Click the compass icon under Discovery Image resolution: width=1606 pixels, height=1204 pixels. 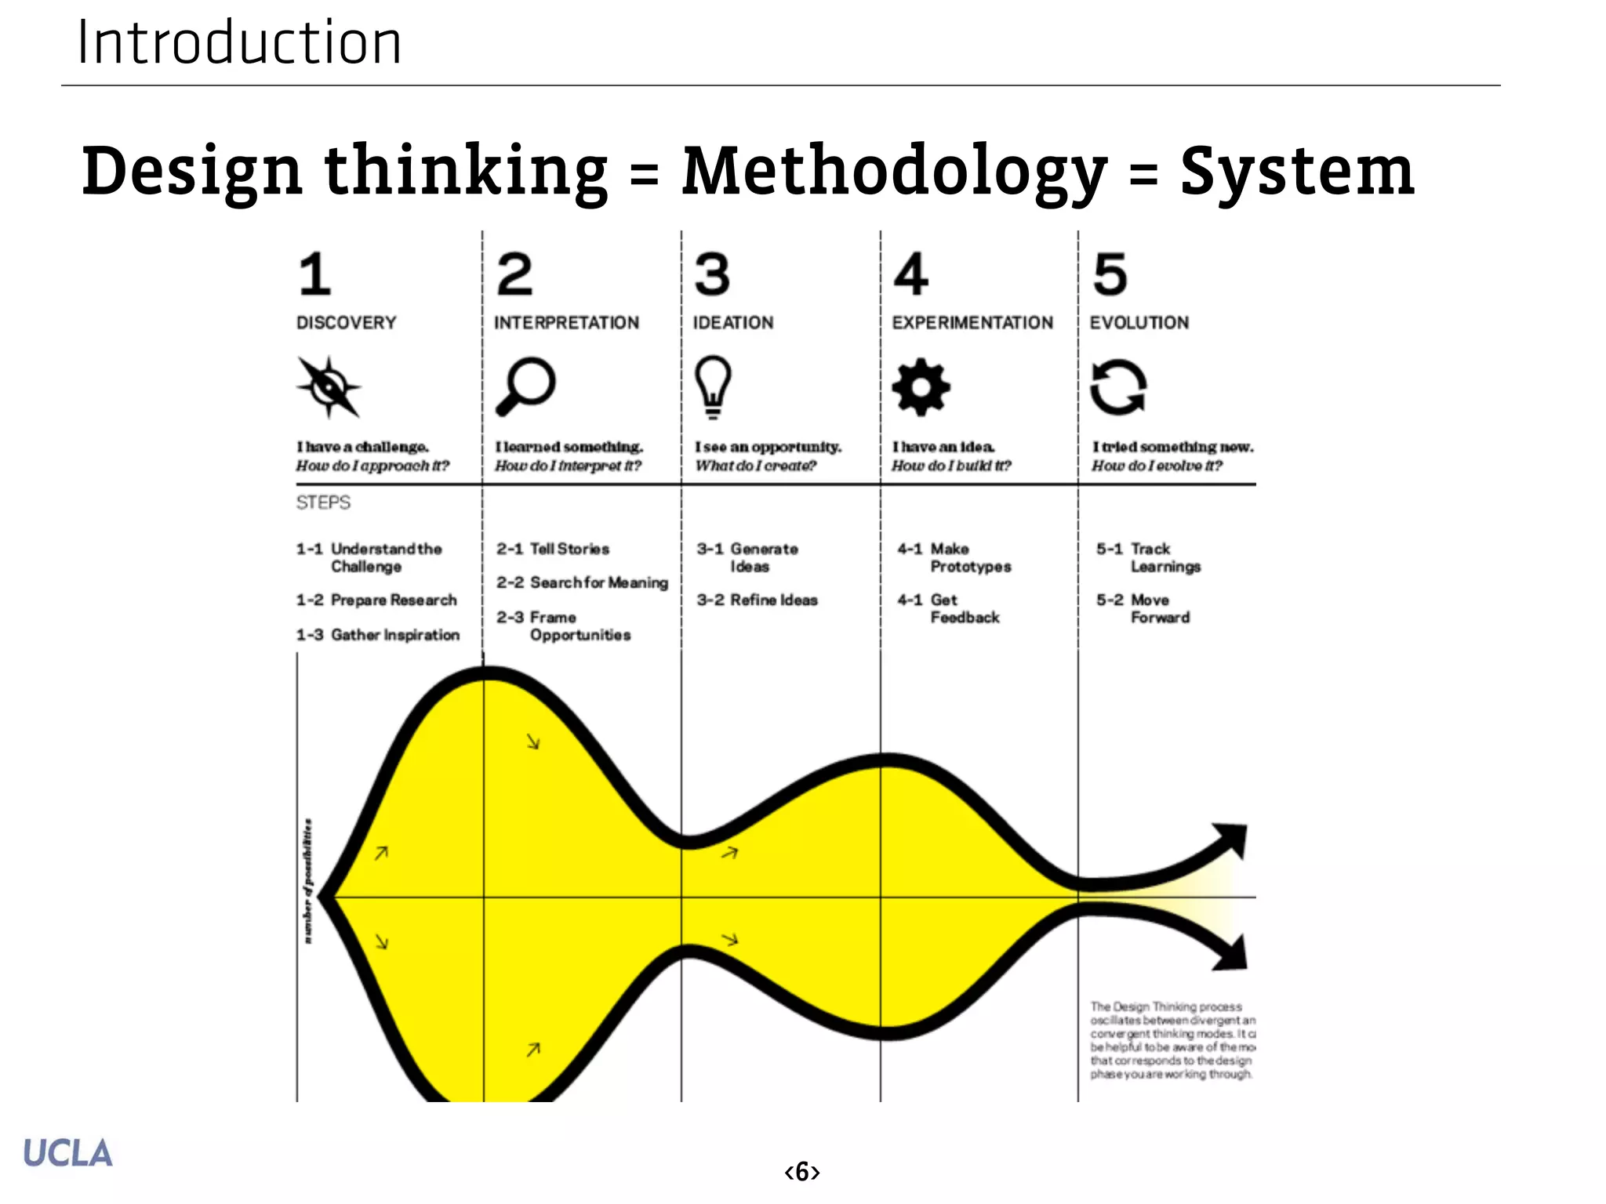coord(329,387)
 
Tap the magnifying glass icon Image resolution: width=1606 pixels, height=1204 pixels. coord(525,386)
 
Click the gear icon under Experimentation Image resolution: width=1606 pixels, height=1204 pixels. coord(921,387)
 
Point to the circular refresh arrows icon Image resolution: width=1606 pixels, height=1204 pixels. coord(1118,387)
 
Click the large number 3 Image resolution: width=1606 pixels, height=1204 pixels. coord(712,274)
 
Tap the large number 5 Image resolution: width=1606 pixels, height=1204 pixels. coord(1110,274)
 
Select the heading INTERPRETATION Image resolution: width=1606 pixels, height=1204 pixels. coord(566,323)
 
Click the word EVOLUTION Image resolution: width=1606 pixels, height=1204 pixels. coord(1139,323)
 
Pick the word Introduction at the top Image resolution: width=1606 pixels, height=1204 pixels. coord(239,43)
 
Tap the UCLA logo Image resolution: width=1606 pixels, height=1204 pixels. coord(67,1153)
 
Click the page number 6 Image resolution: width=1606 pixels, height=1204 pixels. coord(802,1172)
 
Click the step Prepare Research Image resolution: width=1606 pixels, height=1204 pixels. coord(393,600)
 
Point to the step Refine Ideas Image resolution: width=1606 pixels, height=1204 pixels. coord(773,600)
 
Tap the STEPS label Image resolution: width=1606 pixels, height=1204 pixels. coord(323,502)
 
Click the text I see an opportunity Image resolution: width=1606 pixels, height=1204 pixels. coord(768,447)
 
